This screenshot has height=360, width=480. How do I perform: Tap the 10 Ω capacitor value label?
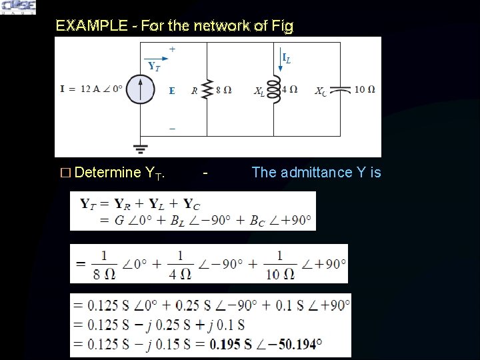(365, 90)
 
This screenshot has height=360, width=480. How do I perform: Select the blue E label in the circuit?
(171, 91)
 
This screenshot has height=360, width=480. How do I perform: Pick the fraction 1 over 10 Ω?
(279, 264)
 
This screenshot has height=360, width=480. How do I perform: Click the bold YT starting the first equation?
(88, 203)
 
